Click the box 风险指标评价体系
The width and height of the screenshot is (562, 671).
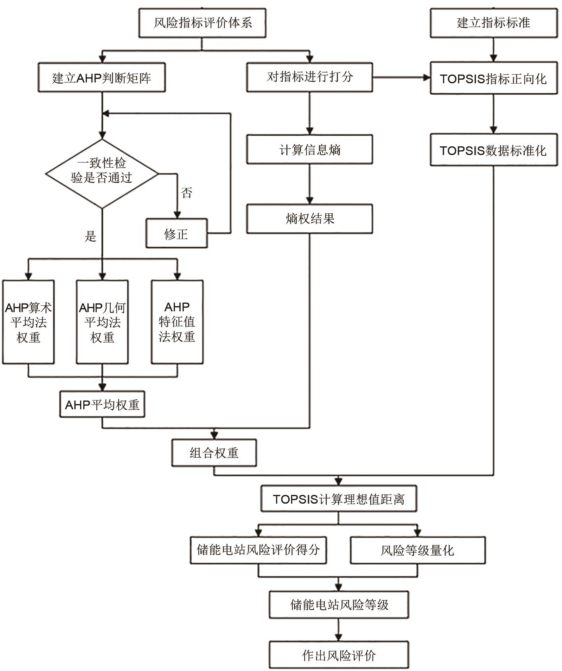[202, 23]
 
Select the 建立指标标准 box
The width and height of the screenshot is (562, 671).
[493, 23]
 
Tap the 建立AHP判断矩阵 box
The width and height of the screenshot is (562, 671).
[102, 78]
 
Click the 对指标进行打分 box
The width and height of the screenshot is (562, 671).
[309, 77]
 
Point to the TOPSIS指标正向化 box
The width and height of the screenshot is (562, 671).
[493, 78]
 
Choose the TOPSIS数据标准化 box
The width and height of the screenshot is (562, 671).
[493, 150]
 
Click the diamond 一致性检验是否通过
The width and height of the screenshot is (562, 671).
[102, 174]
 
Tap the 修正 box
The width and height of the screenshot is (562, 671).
[176, 234]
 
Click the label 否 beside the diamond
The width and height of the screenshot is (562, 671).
[186, 193]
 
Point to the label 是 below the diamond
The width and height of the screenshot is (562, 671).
[90, 237]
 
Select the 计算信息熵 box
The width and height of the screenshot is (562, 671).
[309, 150]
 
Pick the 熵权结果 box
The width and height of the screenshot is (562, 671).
[309, 219]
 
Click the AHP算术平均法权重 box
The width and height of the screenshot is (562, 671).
[28, 322]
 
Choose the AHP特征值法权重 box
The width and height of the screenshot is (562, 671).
[177, 322]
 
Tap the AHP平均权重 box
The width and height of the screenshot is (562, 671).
[102, 405]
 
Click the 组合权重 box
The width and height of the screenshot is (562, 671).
[214, 453]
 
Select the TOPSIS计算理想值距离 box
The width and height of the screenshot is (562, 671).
[338, 499]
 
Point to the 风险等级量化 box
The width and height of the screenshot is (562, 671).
[417, 550]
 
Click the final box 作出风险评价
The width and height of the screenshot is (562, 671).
[339, 655]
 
